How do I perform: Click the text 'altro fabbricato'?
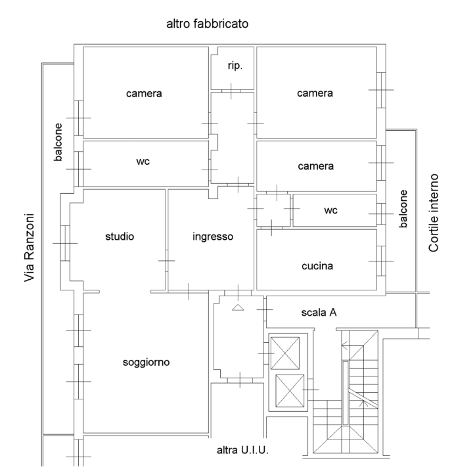click(207, 24)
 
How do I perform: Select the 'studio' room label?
click(119, 236)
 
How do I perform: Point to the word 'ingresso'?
click(213, 236)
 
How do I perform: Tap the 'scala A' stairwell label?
click(319, 313)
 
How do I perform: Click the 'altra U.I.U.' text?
click(243, 451)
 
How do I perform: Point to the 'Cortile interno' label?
click(434, 214)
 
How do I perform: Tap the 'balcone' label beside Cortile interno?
click(404, 210)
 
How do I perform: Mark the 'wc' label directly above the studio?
click(143, 162)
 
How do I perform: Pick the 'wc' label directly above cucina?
click(330, 211)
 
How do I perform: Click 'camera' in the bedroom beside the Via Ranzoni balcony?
click(143, 93)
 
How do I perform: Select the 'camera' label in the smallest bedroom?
click(315, 166)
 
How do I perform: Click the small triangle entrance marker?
click(238, 306)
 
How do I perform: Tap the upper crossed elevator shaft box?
click(289, 353)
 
